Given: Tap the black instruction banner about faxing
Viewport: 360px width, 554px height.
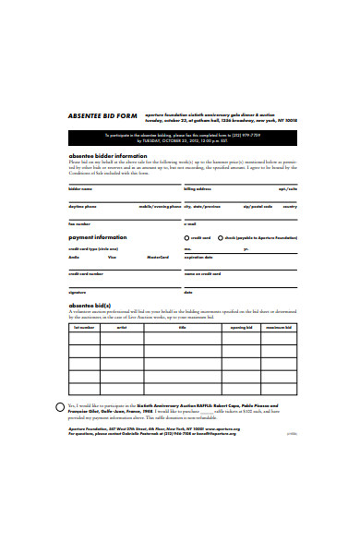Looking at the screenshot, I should pos(179,139).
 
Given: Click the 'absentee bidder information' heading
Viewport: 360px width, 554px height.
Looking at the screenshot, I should pos(108,156).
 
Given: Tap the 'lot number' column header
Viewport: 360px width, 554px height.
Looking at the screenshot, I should pos(84,327).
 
